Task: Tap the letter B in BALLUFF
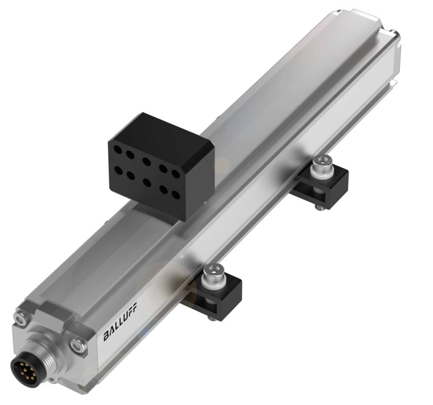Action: click(106, 337)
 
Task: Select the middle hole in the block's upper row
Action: click(146, 161)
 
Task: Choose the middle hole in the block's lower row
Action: click(147, 182)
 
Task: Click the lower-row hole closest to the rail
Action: click(175, 194)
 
